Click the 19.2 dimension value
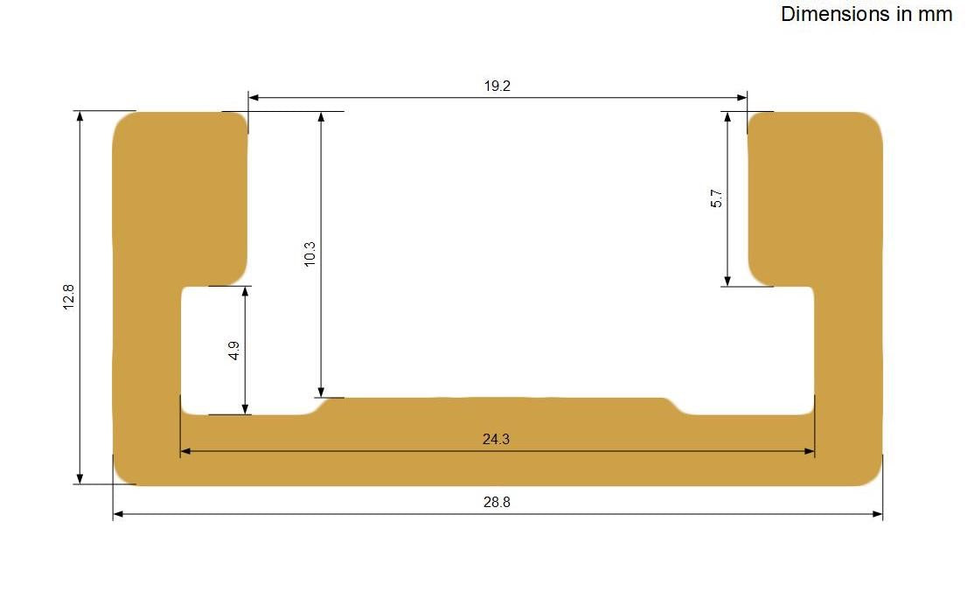pos(497,86)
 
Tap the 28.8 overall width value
pos(497,503)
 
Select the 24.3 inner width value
pos(496,440)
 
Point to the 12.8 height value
pos(69,297)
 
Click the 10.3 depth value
pos(310,254)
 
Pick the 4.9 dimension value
pos(233,351)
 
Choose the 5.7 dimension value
pos(717,198)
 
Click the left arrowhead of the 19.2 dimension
pos(254,97)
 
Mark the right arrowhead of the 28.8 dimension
pos(877,514)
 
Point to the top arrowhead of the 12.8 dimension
pos(80,117)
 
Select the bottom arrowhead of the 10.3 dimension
pos(322,392)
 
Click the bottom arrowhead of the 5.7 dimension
pos(727,280)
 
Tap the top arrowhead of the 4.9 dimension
pos(246,292)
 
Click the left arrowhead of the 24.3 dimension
pos(185,452)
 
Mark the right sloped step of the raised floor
pos(675,406)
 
